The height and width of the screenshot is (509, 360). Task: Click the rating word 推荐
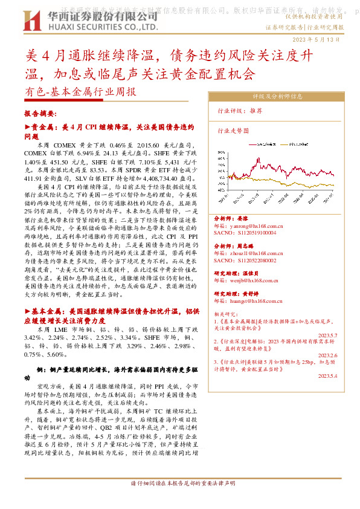pos(256,111)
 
